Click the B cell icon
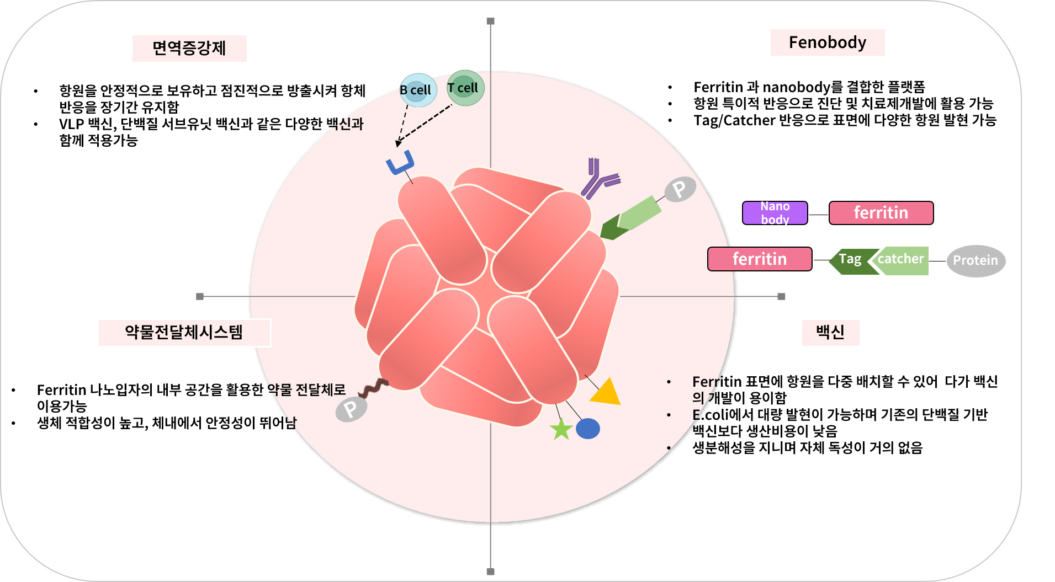pyautogui.click(x=418, y=90)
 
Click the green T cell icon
pyautogui.click(x=465, y=88)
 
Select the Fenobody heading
pyautogui.click(x=828, y=42)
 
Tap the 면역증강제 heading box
pyautogui.click(x=189, y=49)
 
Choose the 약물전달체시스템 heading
pyautogui.click(x=184, y=333)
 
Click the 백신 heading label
pyautogui.click(x=830, y=333)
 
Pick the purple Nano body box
pyautogui.click(x=775, y=213)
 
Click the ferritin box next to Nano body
pyautogui.click(x=881, y=213)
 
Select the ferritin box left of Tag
pyautogui.click(x=760, y=259)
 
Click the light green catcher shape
pyautogui.click(x=900, y=260)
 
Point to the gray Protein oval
pyautogui.click(x=976, y=261)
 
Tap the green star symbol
pyautogui.click(x=561, y=429)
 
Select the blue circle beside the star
pyautogui.click(x=588, y=429)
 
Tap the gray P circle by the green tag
pyautogui.click(x=680, y=190)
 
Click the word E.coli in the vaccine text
pyautogui.click(x=711, y=415)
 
